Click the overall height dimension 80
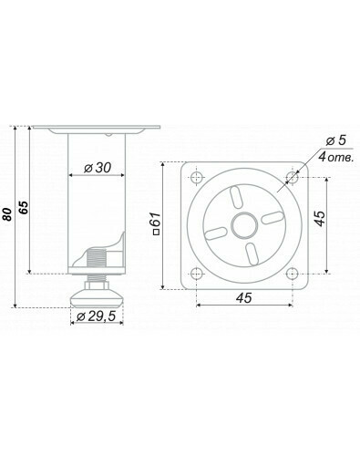(7, 214)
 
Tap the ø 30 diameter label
(98, 168)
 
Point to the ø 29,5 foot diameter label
(97, 316)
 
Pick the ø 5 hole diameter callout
(336, 140)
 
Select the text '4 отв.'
(336, 158)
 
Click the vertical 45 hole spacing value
(319, 218)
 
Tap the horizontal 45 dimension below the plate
(244, 298)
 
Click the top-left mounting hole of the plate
(197, 178)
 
